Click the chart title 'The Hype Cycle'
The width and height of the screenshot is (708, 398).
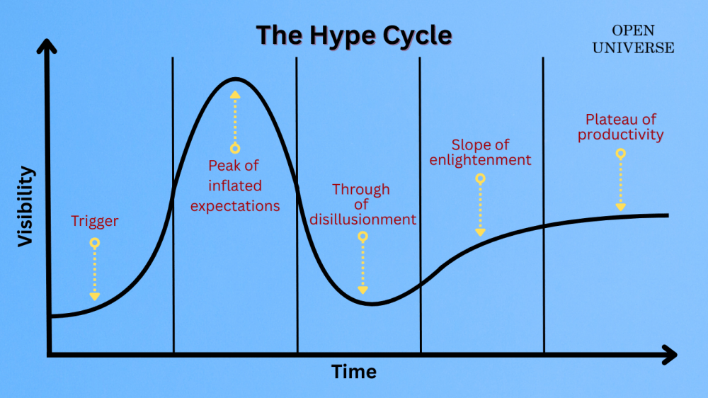tap(353, 35)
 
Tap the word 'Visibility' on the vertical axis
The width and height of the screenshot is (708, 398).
tap(26, 206)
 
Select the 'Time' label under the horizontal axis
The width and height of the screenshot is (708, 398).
tap(354, 372)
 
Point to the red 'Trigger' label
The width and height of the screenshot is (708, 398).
tap(95, 222)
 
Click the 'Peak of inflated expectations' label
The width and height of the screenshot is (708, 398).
tap(235, 186)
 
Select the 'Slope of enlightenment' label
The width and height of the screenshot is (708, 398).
tap(481, 152)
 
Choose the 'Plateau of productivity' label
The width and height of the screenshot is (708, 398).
tap(621, 127)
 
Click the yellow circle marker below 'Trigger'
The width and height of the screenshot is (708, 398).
tap(95, 243)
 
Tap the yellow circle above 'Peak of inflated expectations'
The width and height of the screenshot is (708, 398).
tap(235, 149)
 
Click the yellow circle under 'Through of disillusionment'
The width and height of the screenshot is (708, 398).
tap(362, 237)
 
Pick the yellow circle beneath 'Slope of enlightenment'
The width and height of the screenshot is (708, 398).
tap(481, 179)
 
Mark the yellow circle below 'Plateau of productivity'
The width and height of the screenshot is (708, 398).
tap(621, 153)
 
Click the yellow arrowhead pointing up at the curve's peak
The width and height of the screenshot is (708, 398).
tap(235, 93)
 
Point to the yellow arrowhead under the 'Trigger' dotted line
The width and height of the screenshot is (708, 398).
tap(95, 296)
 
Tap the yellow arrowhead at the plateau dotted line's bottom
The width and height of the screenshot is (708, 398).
tap(621, 206)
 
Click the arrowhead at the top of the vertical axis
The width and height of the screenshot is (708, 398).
tap(47, 46)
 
